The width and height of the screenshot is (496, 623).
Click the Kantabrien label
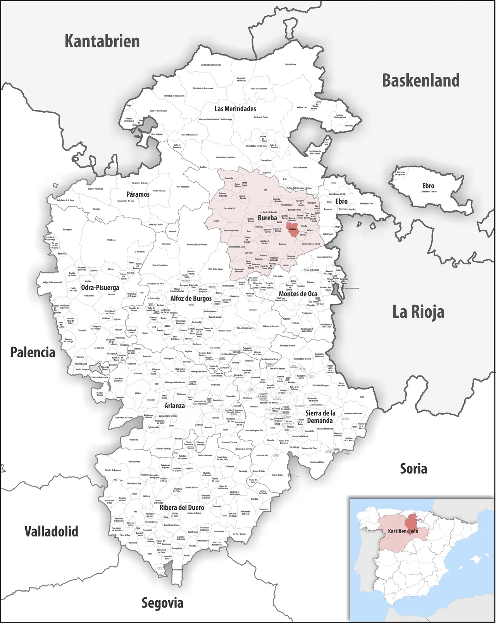(102, 41)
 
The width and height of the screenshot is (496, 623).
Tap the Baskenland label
(421, 80)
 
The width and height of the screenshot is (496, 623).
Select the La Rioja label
(418, 312)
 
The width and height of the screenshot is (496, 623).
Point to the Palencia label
(33, 352)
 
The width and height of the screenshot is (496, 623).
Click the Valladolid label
(51, 531)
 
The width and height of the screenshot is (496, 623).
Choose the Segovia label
(162, 603)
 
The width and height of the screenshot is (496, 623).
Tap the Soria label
(413, 469)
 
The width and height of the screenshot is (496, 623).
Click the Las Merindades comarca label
(235, 109)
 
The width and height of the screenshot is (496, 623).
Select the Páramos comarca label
(138, 194)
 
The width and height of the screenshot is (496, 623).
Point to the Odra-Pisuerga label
(100, 287)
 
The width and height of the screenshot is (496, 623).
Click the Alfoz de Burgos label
(191, 298)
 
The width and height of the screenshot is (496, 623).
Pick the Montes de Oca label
(298, 294)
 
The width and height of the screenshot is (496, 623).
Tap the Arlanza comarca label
(174, 405)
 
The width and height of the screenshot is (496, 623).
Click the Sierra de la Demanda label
(320, 417)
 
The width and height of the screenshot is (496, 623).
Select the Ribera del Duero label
(182, 507)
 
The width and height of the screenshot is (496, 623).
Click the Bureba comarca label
(267, 218)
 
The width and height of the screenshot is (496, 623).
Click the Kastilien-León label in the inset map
(403, 531)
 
